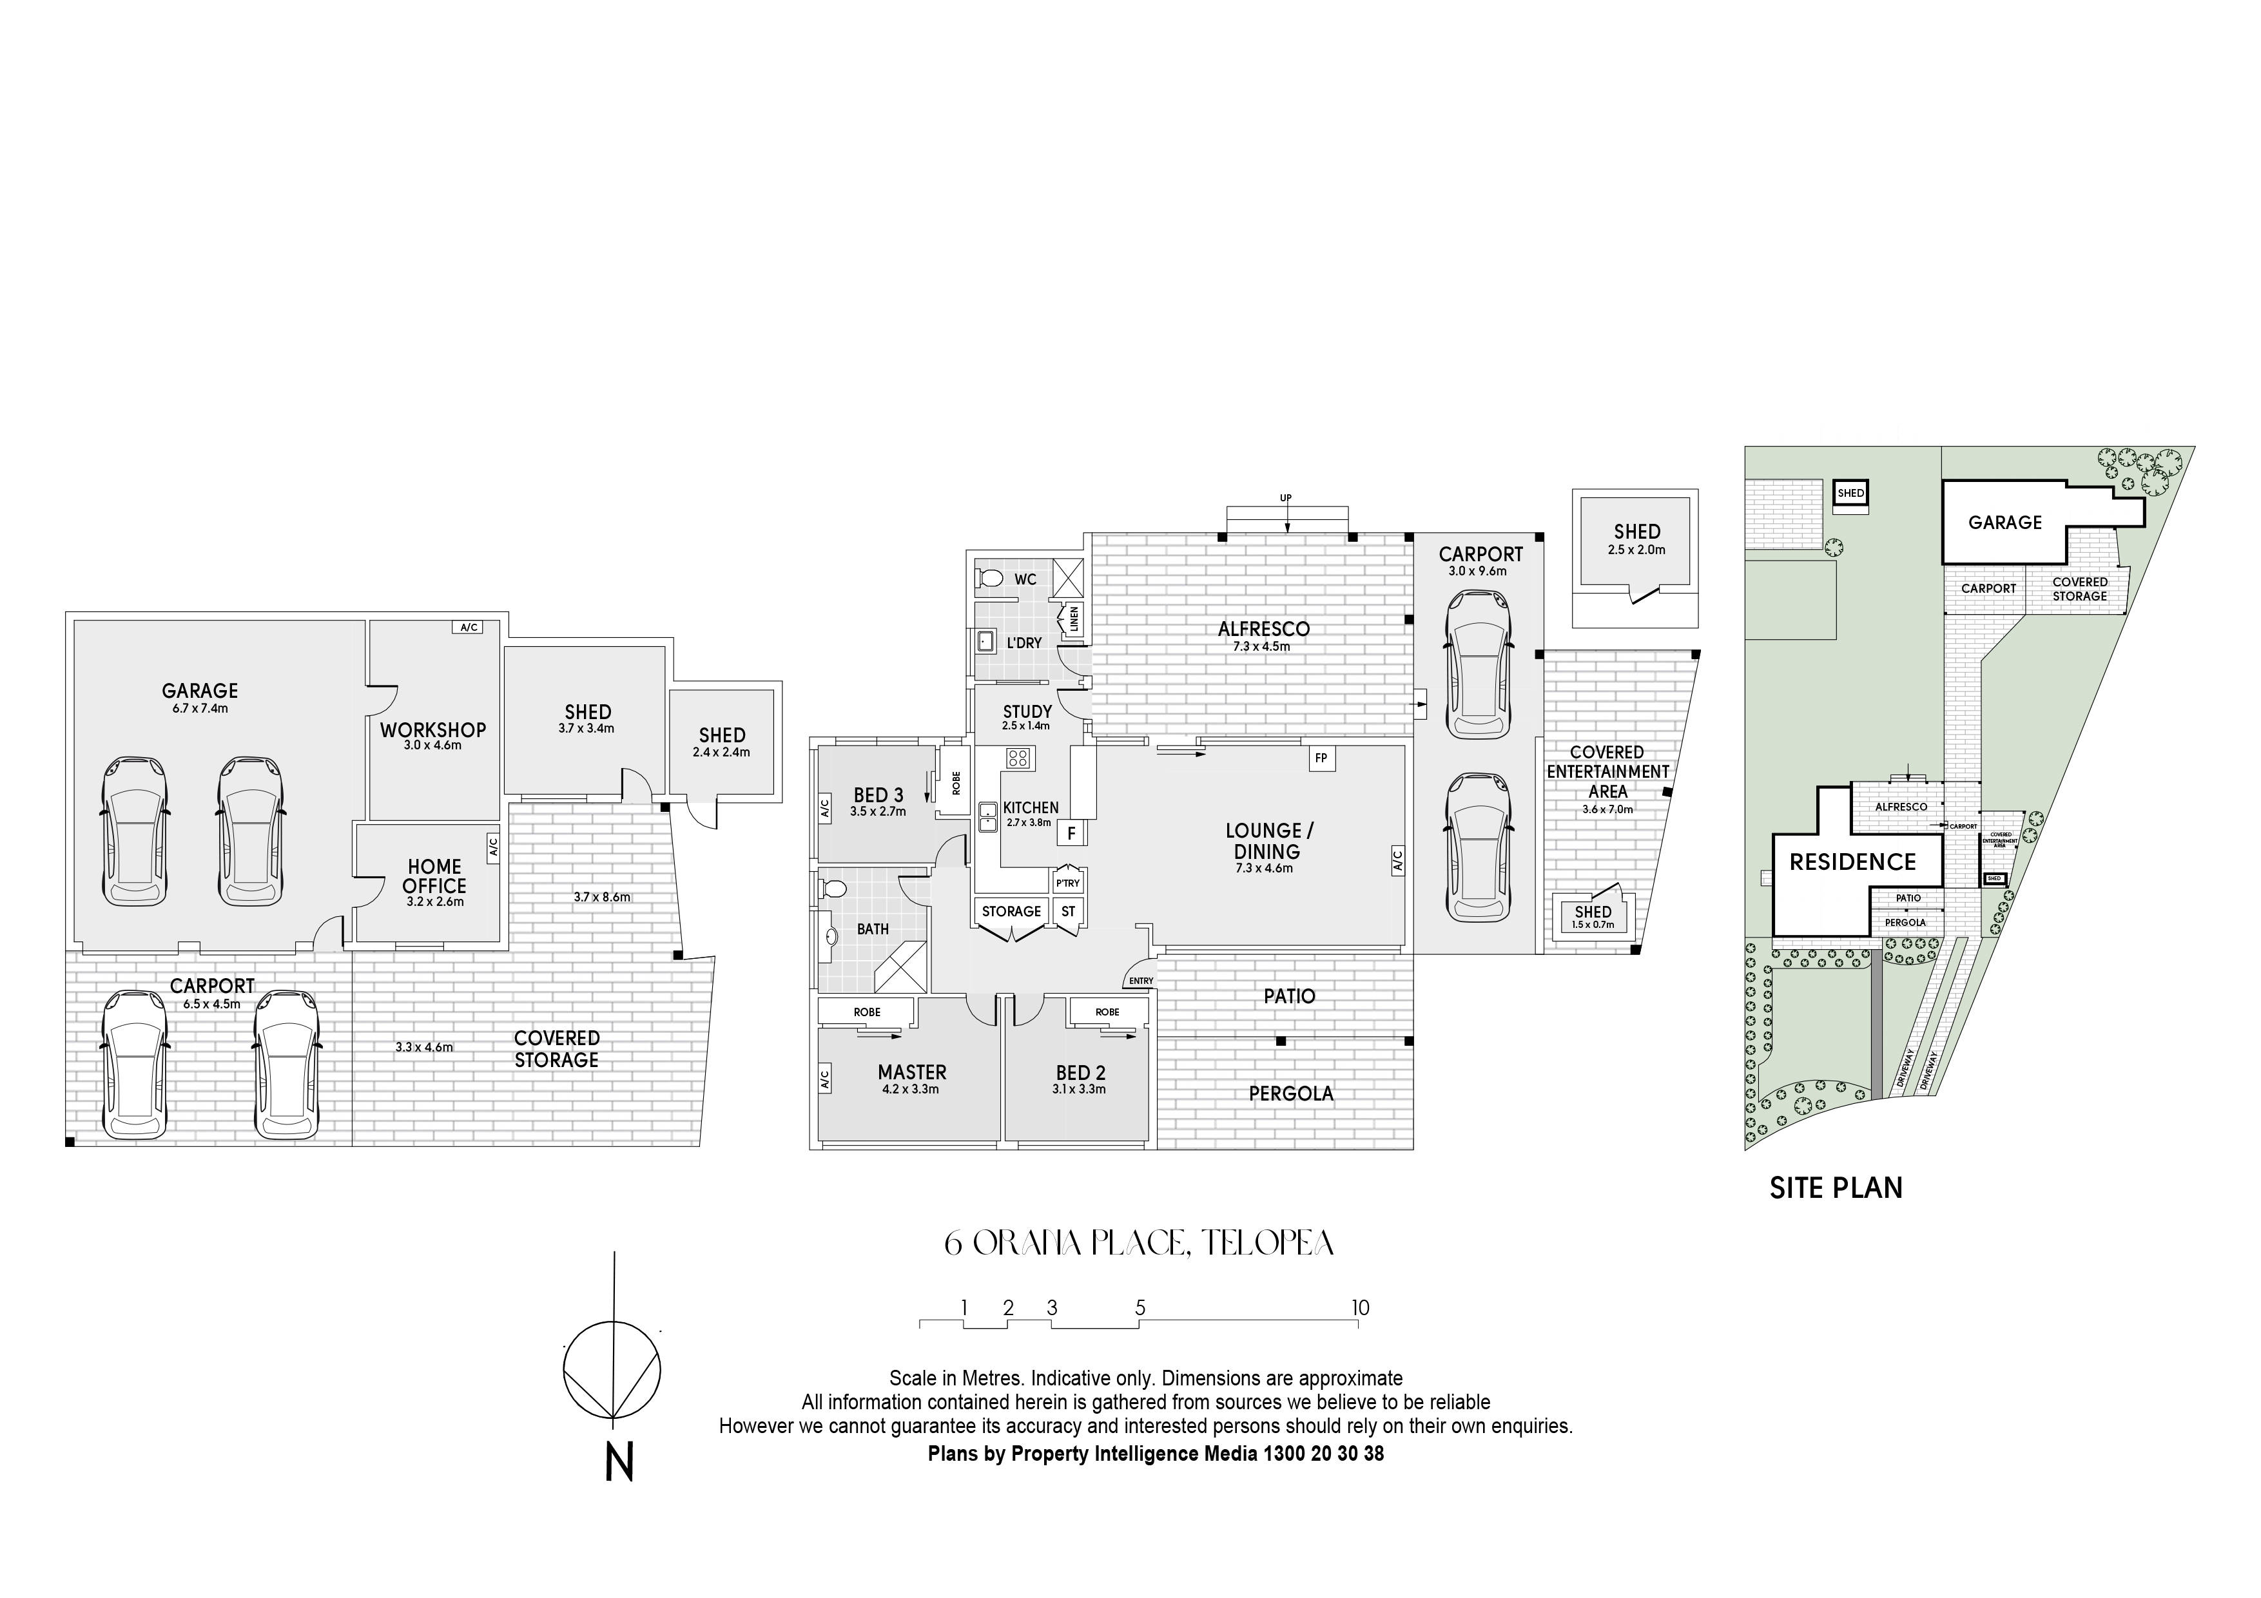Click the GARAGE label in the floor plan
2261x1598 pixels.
click(x=200, y=691)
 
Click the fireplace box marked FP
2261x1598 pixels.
click(x=1321, y=758)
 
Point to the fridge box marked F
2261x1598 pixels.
click(x=1071, y=834)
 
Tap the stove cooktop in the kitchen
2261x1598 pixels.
click(x=1018, y=758)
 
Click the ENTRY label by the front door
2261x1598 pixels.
click(x=1140, y=981)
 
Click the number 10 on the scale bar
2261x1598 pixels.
click(x=1360, y=1307)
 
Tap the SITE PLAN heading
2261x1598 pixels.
click(x=1836, y=1188)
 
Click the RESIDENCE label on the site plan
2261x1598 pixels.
click(x=1852, y=863)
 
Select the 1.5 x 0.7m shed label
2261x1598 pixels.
click(x=1593, y=925)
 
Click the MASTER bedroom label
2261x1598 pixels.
click(x=912, y=1072)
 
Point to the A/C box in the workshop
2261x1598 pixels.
click(x=468, y=627)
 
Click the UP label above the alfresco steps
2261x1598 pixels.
click(x=1285, y=498)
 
